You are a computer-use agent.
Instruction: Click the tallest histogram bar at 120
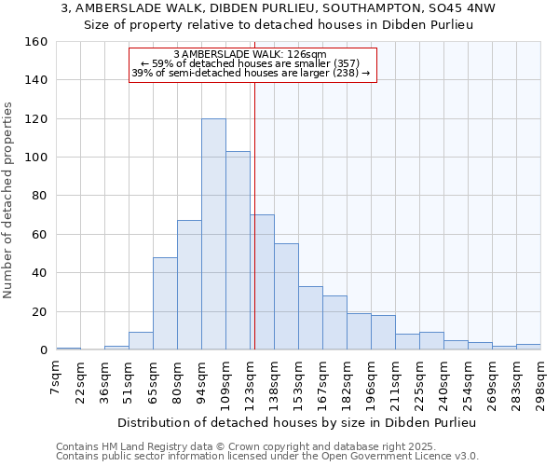[x=213, y=234]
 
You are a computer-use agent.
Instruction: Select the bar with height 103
[x=238, y=251]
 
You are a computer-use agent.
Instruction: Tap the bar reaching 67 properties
[x=189, y=285]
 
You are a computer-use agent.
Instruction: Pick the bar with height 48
[x=165, y=304]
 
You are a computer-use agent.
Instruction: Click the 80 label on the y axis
[x=40, y=196]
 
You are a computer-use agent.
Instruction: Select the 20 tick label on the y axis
[x=40, y=311]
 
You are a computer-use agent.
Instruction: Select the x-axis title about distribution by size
[x=296, y=422]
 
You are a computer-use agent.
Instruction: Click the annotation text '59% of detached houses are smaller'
[x=256, y=63]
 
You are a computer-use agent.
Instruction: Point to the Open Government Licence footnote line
[x=266, y=456]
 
